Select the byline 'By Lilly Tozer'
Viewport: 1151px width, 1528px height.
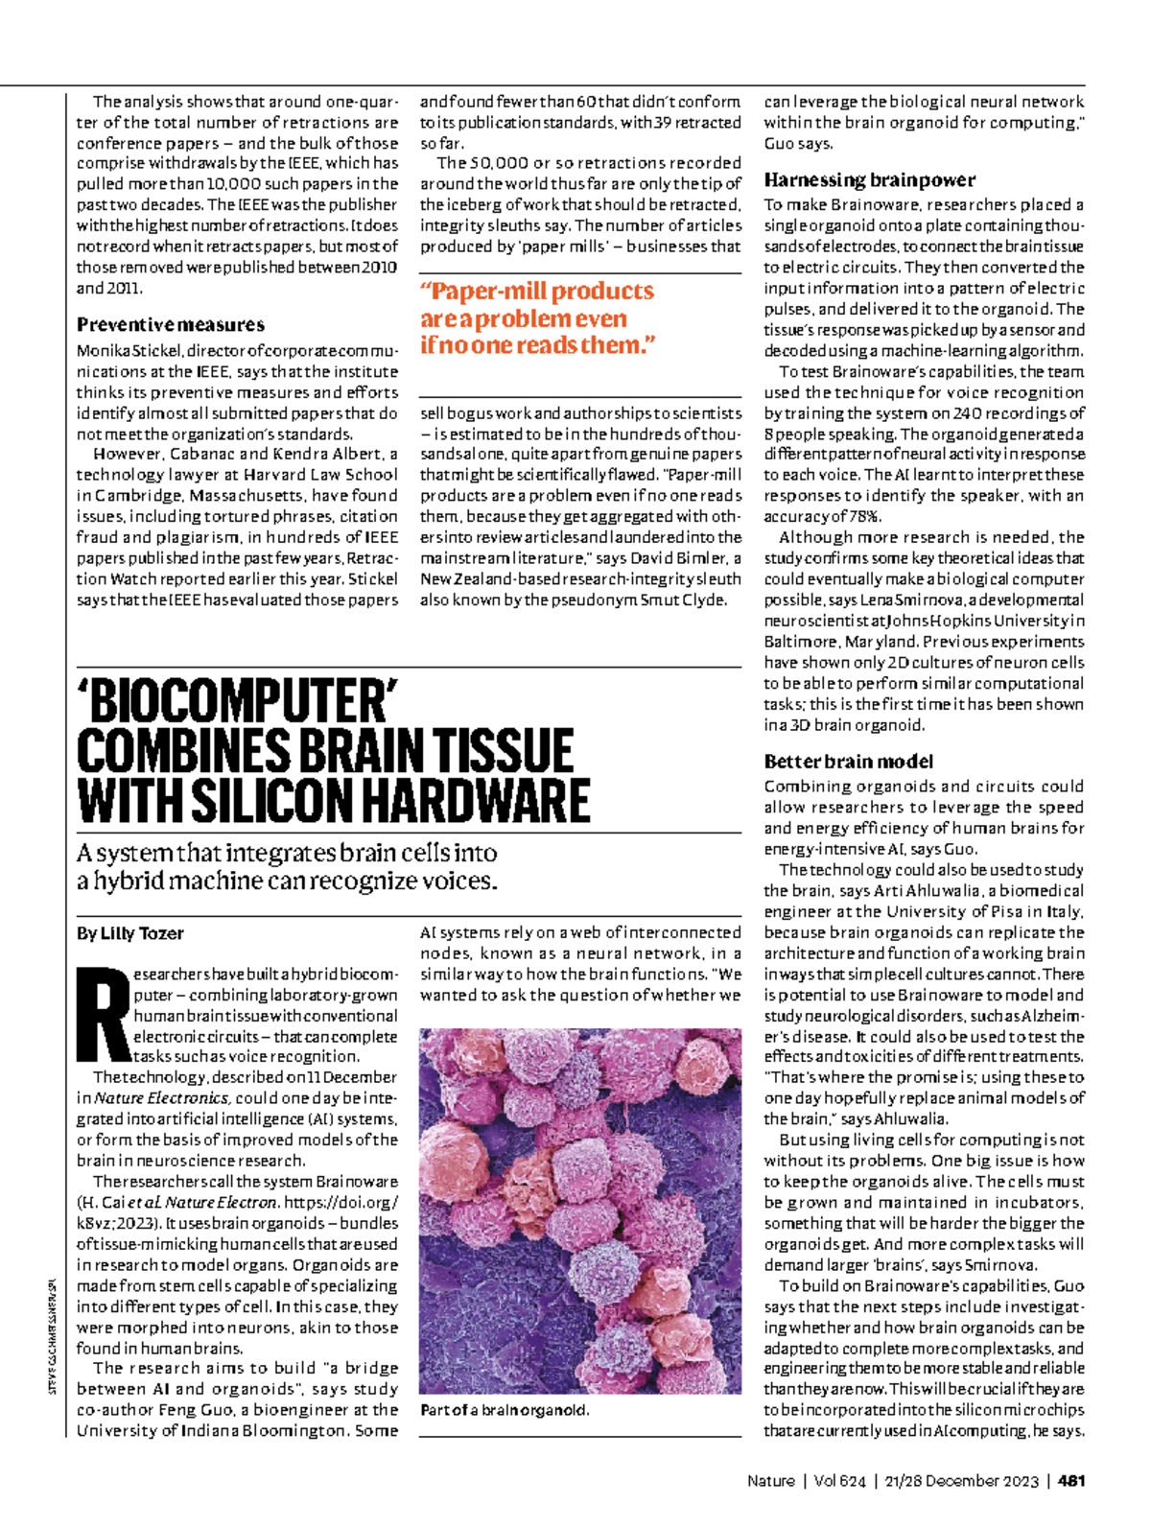(x=129, y=933)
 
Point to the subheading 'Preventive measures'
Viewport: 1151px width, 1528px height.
(x=171, y=325)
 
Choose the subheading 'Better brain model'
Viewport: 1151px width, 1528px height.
(x=848, y=762)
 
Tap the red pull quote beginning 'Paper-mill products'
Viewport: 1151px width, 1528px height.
(x=537, y=317)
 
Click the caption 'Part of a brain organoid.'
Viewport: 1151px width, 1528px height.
(x=504, y=1410)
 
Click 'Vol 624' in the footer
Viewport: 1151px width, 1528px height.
(x=838, y=1481)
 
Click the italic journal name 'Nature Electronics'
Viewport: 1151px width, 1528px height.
(x=160, y=1098)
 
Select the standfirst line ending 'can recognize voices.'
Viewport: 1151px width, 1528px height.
(x=288, y=881)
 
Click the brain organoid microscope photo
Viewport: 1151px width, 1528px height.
(x=580, y=1211)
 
